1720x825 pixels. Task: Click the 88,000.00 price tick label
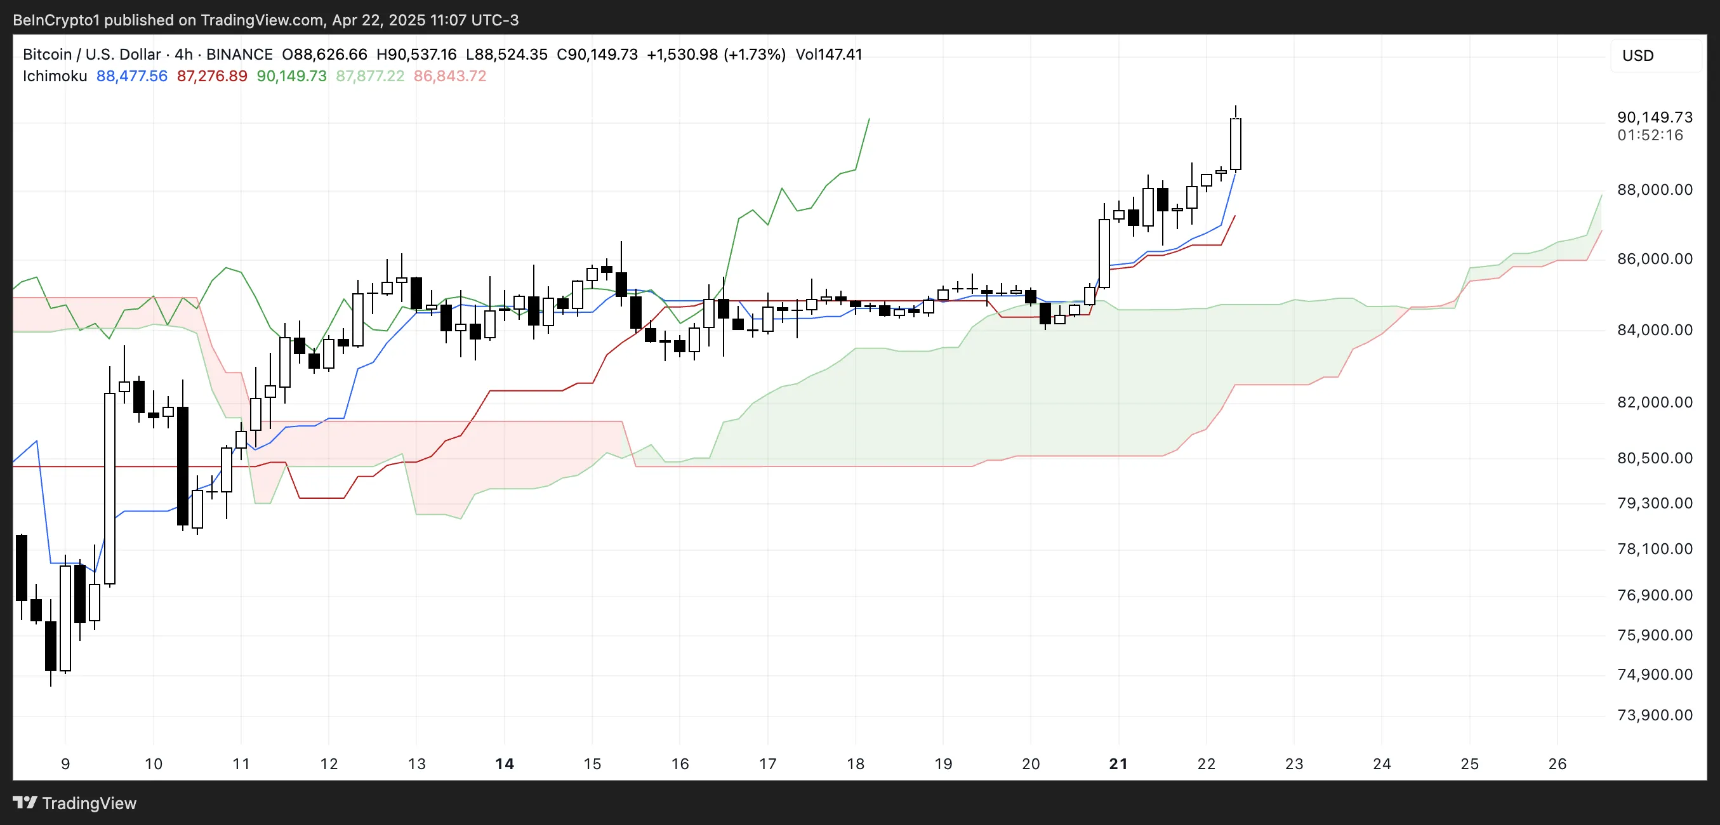pos(1654,190)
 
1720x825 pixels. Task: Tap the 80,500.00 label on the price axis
pos(1654,458)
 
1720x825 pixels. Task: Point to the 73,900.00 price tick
pos(1654,715)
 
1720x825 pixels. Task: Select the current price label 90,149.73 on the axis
pos(1654,117)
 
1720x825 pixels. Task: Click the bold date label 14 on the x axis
pos(504,763)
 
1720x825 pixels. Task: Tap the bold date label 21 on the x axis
pos(1118,763)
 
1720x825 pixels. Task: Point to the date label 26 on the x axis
pos(1556,763)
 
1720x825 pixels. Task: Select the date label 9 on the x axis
pos(65,763)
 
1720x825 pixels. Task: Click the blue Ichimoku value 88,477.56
pos(131,76)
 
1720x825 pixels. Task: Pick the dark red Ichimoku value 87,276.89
pos(211,76)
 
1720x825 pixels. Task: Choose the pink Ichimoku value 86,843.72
pos(449,76)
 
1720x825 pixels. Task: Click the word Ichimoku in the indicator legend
pos(55,76)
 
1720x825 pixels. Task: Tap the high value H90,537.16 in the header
pos(416,54)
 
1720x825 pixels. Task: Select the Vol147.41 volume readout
pos(829,54)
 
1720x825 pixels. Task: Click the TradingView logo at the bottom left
pos(74,803)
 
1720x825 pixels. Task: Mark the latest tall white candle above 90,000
pos(1235,143)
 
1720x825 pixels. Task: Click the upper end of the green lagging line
pos(869,119)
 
